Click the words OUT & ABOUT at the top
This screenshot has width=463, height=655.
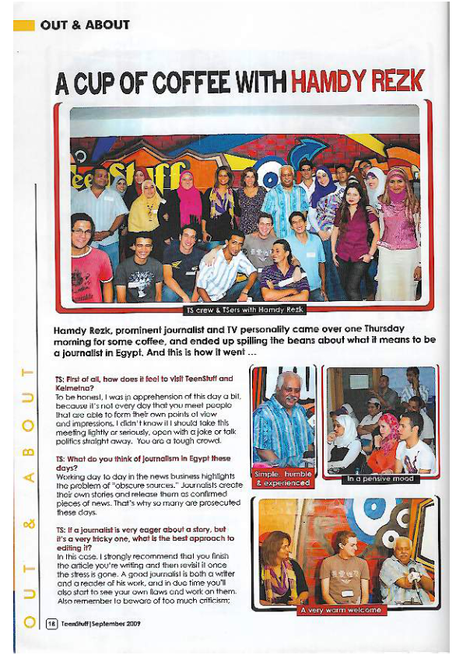(85, 25)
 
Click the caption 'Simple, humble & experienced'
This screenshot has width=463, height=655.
(282, 478)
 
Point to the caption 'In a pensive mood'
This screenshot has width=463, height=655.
(381, 479)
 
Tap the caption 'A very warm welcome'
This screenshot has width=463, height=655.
(343, 610)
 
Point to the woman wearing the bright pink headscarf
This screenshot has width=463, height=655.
(189, 198)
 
